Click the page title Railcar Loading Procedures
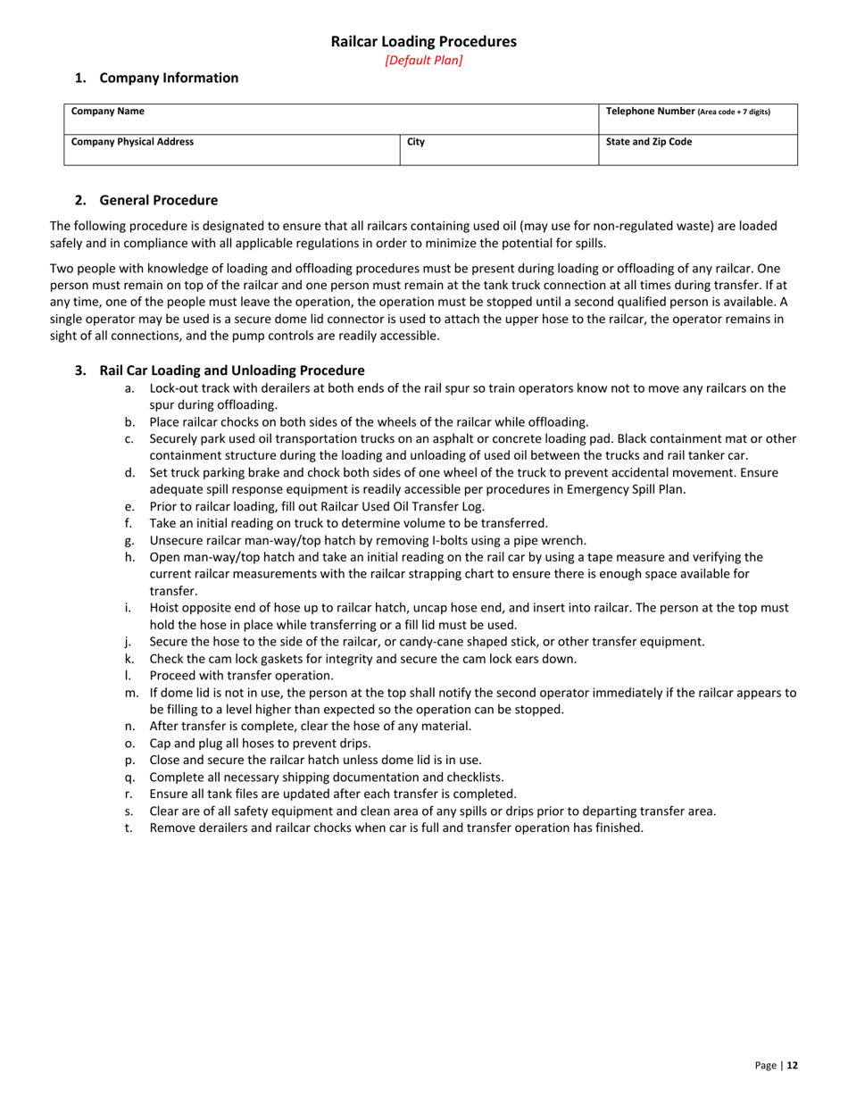[423, 41]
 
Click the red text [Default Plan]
[423, 61]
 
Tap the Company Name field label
[107, 112]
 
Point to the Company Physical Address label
[132, 142]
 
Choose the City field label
[415, 142]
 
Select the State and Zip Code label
[648, 142]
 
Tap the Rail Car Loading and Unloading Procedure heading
[231, 370]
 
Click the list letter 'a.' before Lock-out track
[130, 388]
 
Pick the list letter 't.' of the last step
[130, 828]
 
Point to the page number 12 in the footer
[792, 1065]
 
